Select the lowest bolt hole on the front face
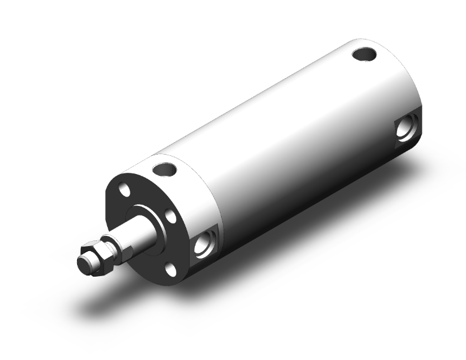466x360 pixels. click(x=170, y=269)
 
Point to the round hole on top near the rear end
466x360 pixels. click(x=363, y=54)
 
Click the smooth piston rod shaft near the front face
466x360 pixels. click(x=141, y=233)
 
